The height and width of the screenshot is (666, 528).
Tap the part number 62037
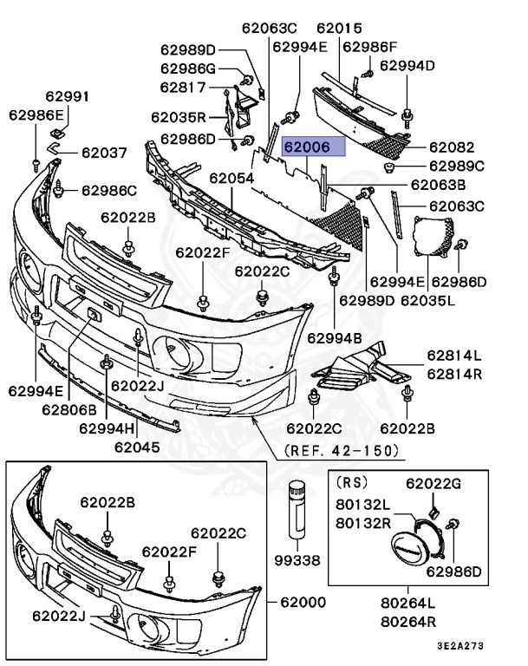point(104,153)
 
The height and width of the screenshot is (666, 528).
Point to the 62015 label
point(339,29)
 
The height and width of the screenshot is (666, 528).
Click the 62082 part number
point(452,147)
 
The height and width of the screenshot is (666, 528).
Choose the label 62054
point(231,179)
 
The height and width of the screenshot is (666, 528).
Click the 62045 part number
point(136,447)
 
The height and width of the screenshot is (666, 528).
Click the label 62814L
point(454,356)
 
